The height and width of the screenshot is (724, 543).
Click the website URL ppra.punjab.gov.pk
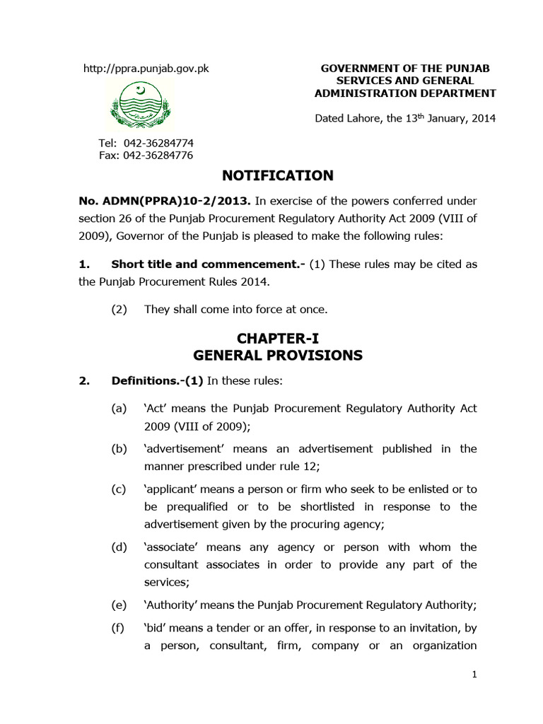pos(146,69)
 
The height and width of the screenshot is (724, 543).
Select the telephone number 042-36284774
pos(158,143)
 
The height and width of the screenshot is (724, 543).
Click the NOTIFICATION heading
pos(278,175)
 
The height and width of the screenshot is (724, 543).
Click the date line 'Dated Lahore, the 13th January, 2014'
pos(405,119)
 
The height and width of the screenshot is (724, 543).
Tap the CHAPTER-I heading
pos(278,339)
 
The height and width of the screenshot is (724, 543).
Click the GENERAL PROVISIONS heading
pos(278,356)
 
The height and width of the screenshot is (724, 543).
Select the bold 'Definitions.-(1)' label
pos(157,381)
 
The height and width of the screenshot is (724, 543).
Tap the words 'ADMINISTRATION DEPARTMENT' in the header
pos(405,93)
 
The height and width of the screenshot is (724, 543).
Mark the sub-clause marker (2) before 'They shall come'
pos(119,309)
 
